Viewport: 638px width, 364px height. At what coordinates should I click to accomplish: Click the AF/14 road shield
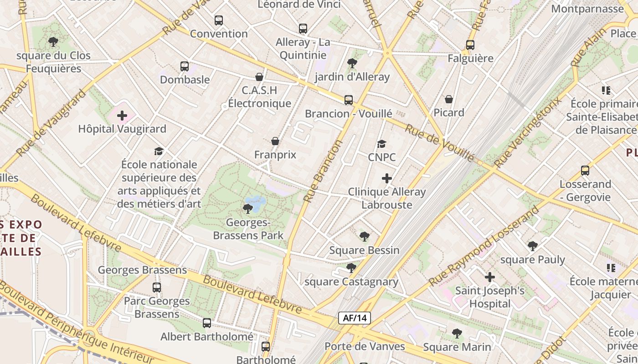(354, 318)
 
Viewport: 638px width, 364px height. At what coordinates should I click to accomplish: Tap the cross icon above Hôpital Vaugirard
(122, 116)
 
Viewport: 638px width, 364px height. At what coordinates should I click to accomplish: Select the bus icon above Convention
(219, 20)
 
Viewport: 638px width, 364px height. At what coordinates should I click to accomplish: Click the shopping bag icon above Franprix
(275, 142)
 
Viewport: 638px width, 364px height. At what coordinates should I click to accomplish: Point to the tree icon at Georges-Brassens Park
(248, 209)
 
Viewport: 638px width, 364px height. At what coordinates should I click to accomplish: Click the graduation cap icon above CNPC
(382, 144)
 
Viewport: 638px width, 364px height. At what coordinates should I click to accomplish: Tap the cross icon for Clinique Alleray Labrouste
(387, 178)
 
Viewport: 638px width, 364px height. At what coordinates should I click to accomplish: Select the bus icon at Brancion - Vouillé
(349, 100)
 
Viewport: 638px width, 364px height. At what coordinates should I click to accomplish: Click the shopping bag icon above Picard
(449, 99)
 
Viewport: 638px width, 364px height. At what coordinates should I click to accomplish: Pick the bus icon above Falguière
(470, 45)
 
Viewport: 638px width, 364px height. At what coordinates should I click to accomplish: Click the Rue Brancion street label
(323, 171)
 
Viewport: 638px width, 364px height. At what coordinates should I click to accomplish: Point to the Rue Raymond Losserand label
(484, 247)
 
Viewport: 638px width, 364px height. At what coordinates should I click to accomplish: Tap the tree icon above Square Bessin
(364, 237)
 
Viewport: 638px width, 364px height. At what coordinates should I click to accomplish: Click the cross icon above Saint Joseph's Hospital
(490, 277)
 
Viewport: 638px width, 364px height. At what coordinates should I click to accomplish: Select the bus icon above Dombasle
(185, 66)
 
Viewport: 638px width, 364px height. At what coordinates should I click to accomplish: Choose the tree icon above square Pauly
(532, 247)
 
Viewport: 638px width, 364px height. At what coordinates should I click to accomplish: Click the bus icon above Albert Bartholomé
(207, 323)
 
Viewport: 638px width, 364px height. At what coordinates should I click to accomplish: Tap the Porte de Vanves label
(365, 346)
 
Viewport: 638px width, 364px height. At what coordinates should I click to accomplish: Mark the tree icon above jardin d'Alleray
(352, 63)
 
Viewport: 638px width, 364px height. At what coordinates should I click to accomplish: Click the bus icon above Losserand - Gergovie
(585, 171)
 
